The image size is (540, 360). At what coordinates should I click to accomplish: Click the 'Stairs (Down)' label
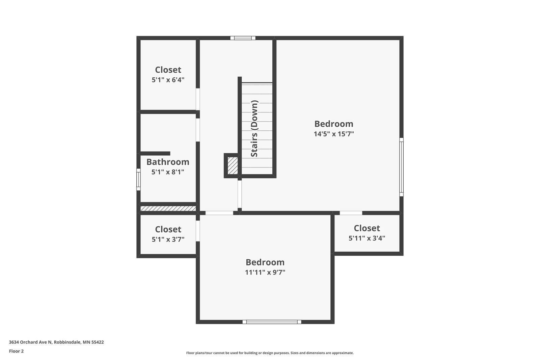[254, 129]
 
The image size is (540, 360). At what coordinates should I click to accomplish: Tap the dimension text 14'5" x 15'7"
[334, 134]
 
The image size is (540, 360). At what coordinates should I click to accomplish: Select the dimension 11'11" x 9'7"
[265, 273]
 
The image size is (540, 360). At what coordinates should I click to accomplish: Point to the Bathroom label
[168, 162]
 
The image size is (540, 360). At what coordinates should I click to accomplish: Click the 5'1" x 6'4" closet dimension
[168, 80]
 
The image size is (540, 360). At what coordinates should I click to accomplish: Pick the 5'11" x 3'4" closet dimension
[367, 238]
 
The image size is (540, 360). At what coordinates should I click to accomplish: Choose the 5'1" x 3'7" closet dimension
[168, 239]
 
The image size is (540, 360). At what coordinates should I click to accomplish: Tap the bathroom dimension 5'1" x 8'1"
[168, 172]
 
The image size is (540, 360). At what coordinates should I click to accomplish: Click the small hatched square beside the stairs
[233, 166]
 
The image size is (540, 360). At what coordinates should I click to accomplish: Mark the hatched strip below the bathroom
[168, 208]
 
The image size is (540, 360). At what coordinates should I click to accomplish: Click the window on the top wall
[243, 38]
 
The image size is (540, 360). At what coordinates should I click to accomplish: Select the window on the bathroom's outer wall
[138, 180]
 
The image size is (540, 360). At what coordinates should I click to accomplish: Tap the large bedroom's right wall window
[401, 167]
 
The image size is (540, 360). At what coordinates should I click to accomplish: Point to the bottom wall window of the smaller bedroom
[272, 322]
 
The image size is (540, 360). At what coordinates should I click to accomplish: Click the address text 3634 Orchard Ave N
[30, 342]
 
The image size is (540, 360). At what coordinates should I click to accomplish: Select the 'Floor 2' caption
[17, 351]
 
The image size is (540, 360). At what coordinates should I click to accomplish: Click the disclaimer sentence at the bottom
[270, 353]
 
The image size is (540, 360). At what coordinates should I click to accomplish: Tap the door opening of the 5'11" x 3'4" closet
[351, 213]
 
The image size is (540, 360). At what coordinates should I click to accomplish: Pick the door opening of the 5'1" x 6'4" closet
[198, 99]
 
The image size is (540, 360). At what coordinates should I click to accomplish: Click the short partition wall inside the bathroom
[155, 153]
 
